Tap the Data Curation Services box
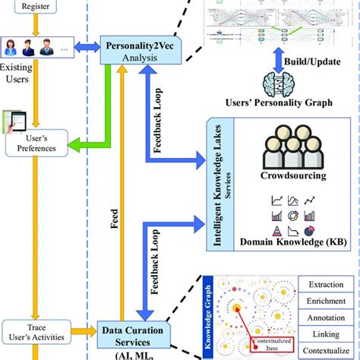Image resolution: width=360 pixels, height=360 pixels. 134,337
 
